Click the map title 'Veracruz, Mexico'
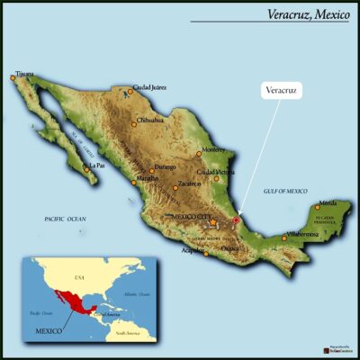coord(306,13)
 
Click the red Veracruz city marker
coord(236,220)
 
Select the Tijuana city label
coord(26,74)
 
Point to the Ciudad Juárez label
coord(149,87)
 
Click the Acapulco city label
coord(193,251)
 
